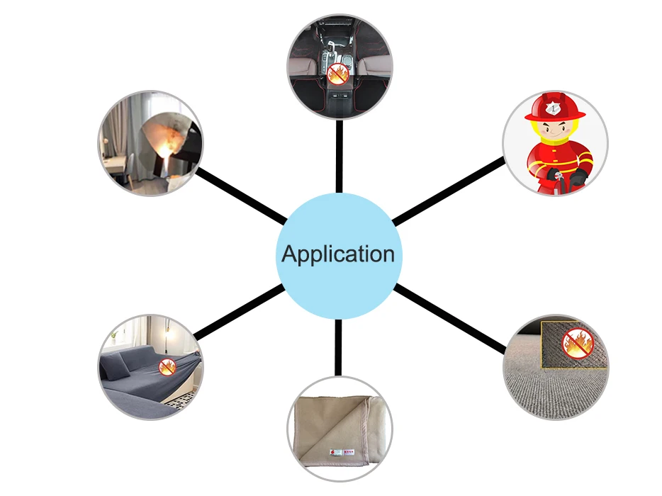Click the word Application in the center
[x=338, y=254]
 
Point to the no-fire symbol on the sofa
[x=167, y=366]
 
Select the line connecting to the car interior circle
[x=339, y=156]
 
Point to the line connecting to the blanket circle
[x=339, y=347]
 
